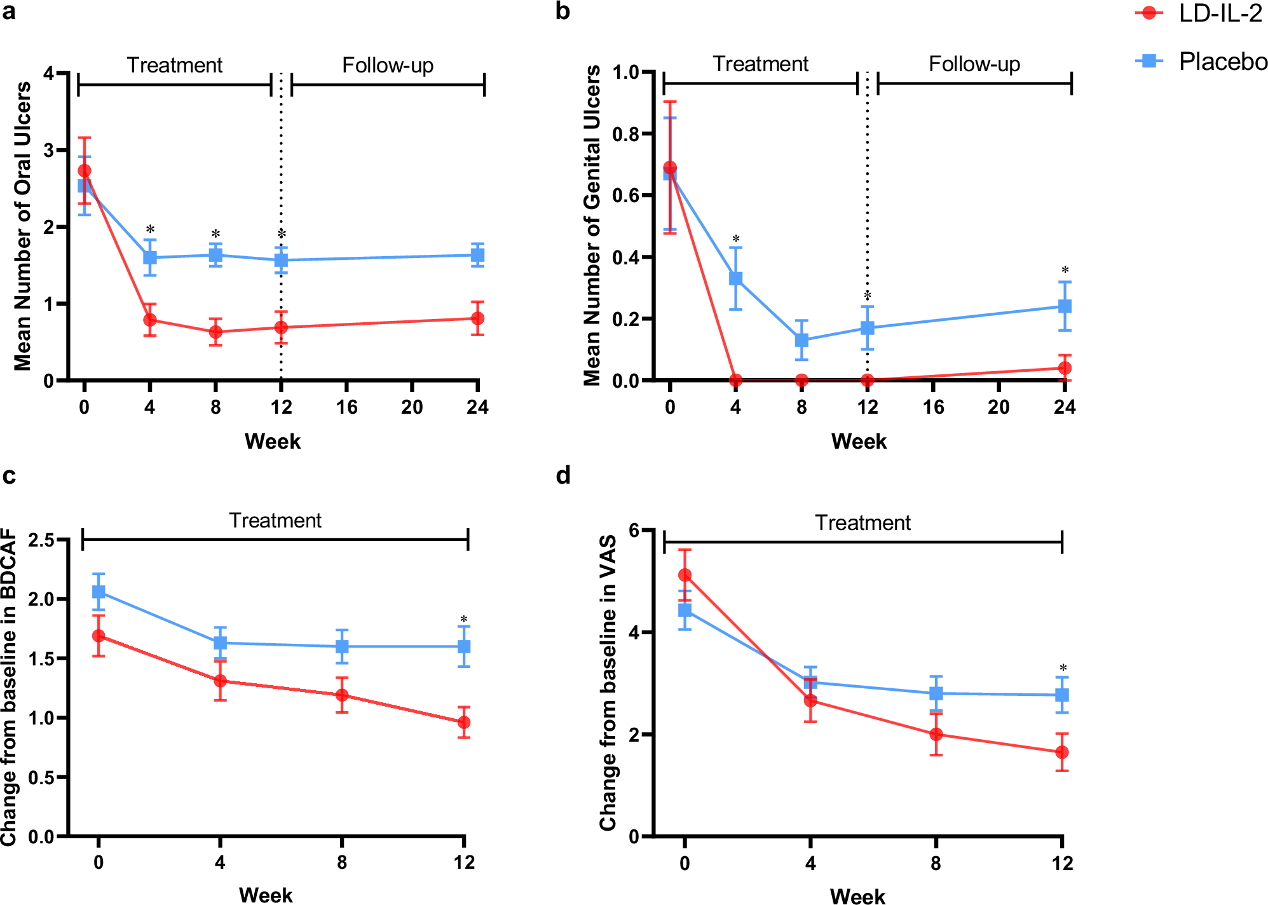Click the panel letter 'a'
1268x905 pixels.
pos(9,11)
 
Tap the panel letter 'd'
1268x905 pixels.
pos(563,475)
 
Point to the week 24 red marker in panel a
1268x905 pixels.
pos(478,318)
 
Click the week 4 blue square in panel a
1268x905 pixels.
pos(150,257)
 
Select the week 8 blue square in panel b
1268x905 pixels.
pos(801,340)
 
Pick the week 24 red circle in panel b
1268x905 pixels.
pos(1065,368)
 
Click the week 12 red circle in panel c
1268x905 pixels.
pos(464,723)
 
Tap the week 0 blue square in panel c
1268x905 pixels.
pos(99,592)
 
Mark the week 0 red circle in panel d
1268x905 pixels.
pos(685,575)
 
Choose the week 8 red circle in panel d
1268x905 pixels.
pos(936,734)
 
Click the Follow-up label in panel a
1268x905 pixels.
pos(388,65)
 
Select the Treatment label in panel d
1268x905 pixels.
pos(862,523)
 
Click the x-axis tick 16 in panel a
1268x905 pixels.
pos(346,407)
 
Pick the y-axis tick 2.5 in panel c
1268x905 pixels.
pos(41,540)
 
